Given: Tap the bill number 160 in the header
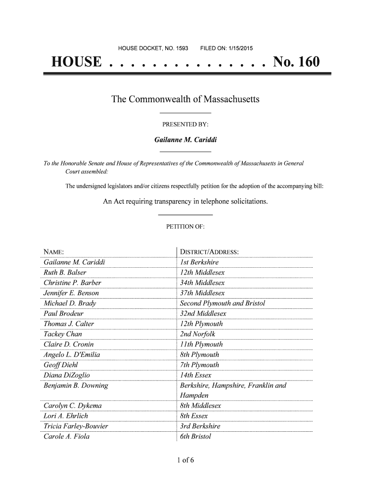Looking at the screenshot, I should click(305, 63).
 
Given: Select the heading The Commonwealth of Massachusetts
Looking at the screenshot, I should click(185, 100).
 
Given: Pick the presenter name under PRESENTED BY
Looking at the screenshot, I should click(185, 140).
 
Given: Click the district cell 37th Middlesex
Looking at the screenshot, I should click(202, 293).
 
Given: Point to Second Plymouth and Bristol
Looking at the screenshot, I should click(222, 303).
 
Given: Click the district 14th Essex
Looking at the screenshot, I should click(195, 375).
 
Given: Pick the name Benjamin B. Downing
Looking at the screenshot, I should click(76, 386).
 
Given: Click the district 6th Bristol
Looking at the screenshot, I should click(195, 437).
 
